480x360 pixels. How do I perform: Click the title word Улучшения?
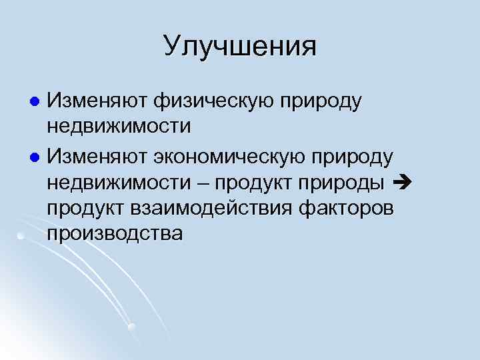click(x=240, y=47)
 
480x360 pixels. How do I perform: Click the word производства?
click(x=114, y=235)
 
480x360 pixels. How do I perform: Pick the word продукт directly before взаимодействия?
click(x=87, y=208)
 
